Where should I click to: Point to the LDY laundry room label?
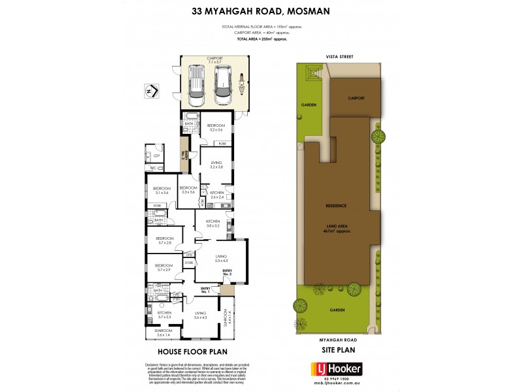tap(156, 155)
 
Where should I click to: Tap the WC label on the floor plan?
tap(153, 168)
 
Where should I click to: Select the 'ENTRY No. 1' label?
tap(205, 289)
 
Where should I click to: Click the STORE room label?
tap(188, 263)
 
